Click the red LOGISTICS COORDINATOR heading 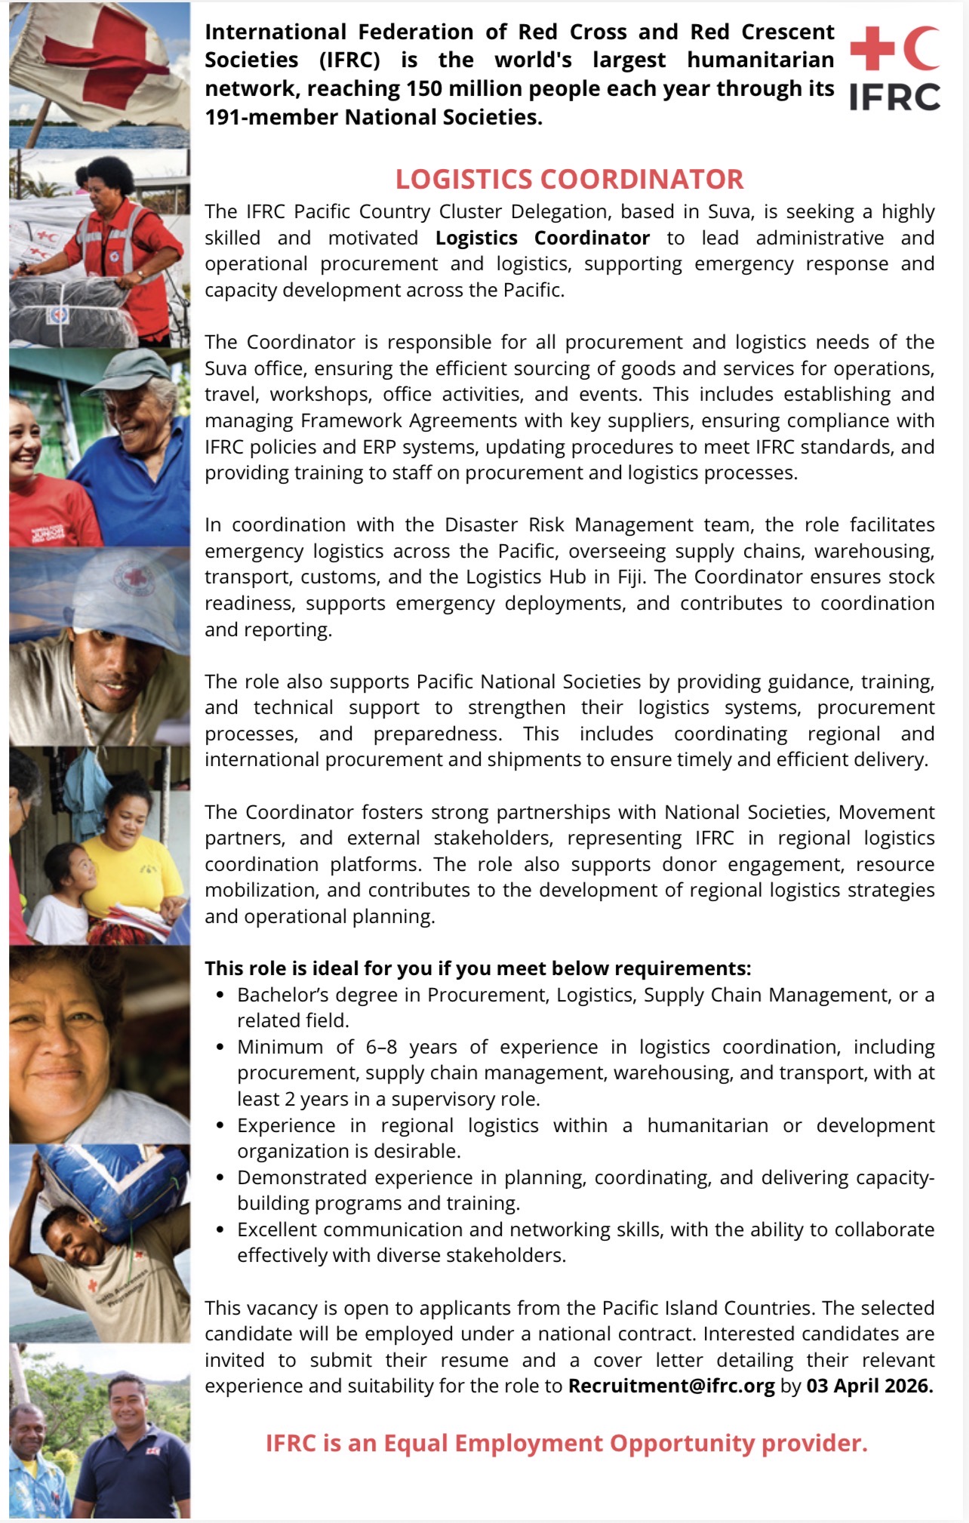[x=569, y=180]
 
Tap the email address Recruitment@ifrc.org [x=671, y=1386]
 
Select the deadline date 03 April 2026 [x=869, y=1386]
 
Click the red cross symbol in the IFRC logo [x=872, y=48]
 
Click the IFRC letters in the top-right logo [x=894, y=97]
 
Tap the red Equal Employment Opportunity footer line [x=566, y=1443]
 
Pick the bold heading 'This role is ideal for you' [x=478, y=968]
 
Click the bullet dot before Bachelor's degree [x=220, y=995]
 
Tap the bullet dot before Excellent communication [x=220, y=1230]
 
